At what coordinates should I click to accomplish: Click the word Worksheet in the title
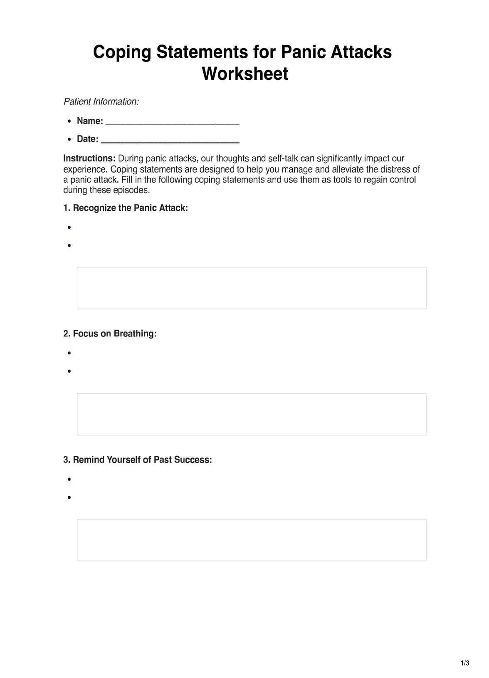tap(244, 74)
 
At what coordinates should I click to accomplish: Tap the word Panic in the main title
tap(303, 52)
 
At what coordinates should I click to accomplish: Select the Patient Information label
tap(101, 101)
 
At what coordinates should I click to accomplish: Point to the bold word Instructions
tap(89, 158)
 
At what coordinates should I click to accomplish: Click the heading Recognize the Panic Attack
tap(126, 208)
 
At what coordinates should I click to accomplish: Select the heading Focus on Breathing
tap(110, 334)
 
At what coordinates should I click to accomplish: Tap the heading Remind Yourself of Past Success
tap(138, 460)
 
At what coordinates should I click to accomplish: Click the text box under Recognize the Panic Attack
tap(252, 288)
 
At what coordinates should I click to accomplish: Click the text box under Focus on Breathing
tap(252, 414)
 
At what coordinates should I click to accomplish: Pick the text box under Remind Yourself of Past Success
tap(252, 540)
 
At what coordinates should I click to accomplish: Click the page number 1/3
tap(465, 663)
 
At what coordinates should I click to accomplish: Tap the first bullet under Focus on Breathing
tap(69, 353)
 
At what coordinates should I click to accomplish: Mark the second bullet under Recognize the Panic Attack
tap(69, 245)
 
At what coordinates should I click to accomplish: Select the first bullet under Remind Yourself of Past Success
tap(69, 479)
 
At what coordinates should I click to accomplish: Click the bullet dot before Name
tap(69, 121)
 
